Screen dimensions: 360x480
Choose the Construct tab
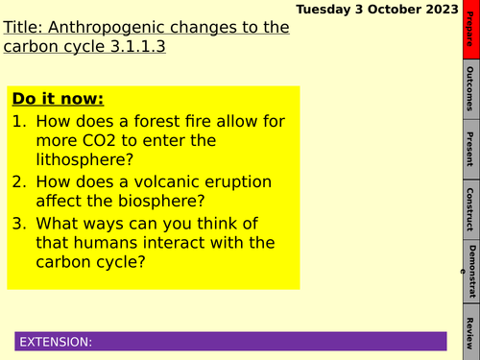click(x=468, y=208)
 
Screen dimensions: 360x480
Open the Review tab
click(x=468, y=332)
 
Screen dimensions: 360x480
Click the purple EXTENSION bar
click(x=230, y=342)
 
